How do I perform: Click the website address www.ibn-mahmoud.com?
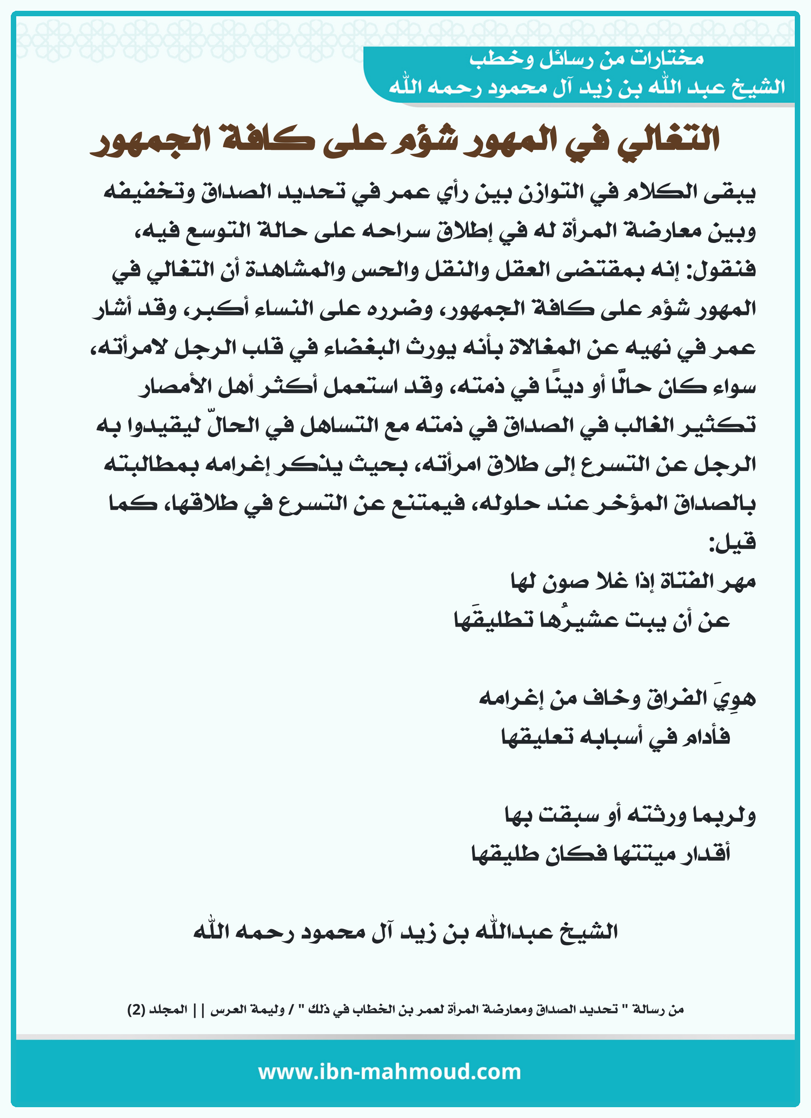tap(389, 1071)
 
